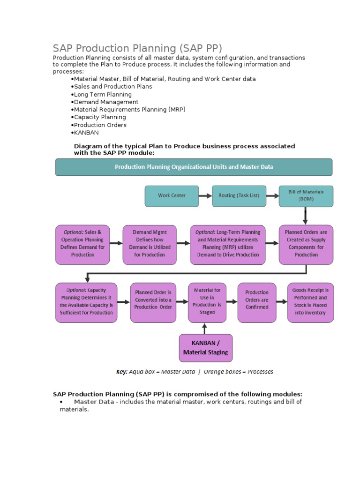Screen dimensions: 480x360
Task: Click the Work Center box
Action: tap(172, 195)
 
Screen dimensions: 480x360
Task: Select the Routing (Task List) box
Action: tap(239, 195)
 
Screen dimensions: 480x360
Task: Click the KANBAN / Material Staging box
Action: tap(206, 347)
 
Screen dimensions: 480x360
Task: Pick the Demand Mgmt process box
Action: tap(149, 243)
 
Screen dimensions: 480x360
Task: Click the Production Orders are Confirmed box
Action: tap(257, 302)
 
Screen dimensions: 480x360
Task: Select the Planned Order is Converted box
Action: tap(153, 302)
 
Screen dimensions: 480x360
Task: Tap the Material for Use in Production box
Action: tap(207, 302)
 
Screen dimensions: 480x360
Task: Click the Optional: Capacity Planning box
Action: tap(86, 302)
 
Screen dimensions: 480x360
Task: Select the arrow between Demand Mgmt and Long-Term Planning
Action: tap(182, 243)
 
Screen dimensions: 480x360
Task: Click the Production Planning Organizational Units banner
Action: tap(194, 167)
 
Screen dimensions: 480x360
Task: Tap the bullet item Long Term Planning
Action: tap(103, 94)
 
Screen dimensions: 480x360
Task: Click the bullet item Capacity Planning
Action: tap(100, 117)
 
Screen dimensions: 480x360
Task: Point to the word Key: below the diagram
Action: tap(122, 372)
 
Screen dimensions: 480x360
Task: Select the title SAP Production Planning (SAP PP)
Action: tap(137, 48)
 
